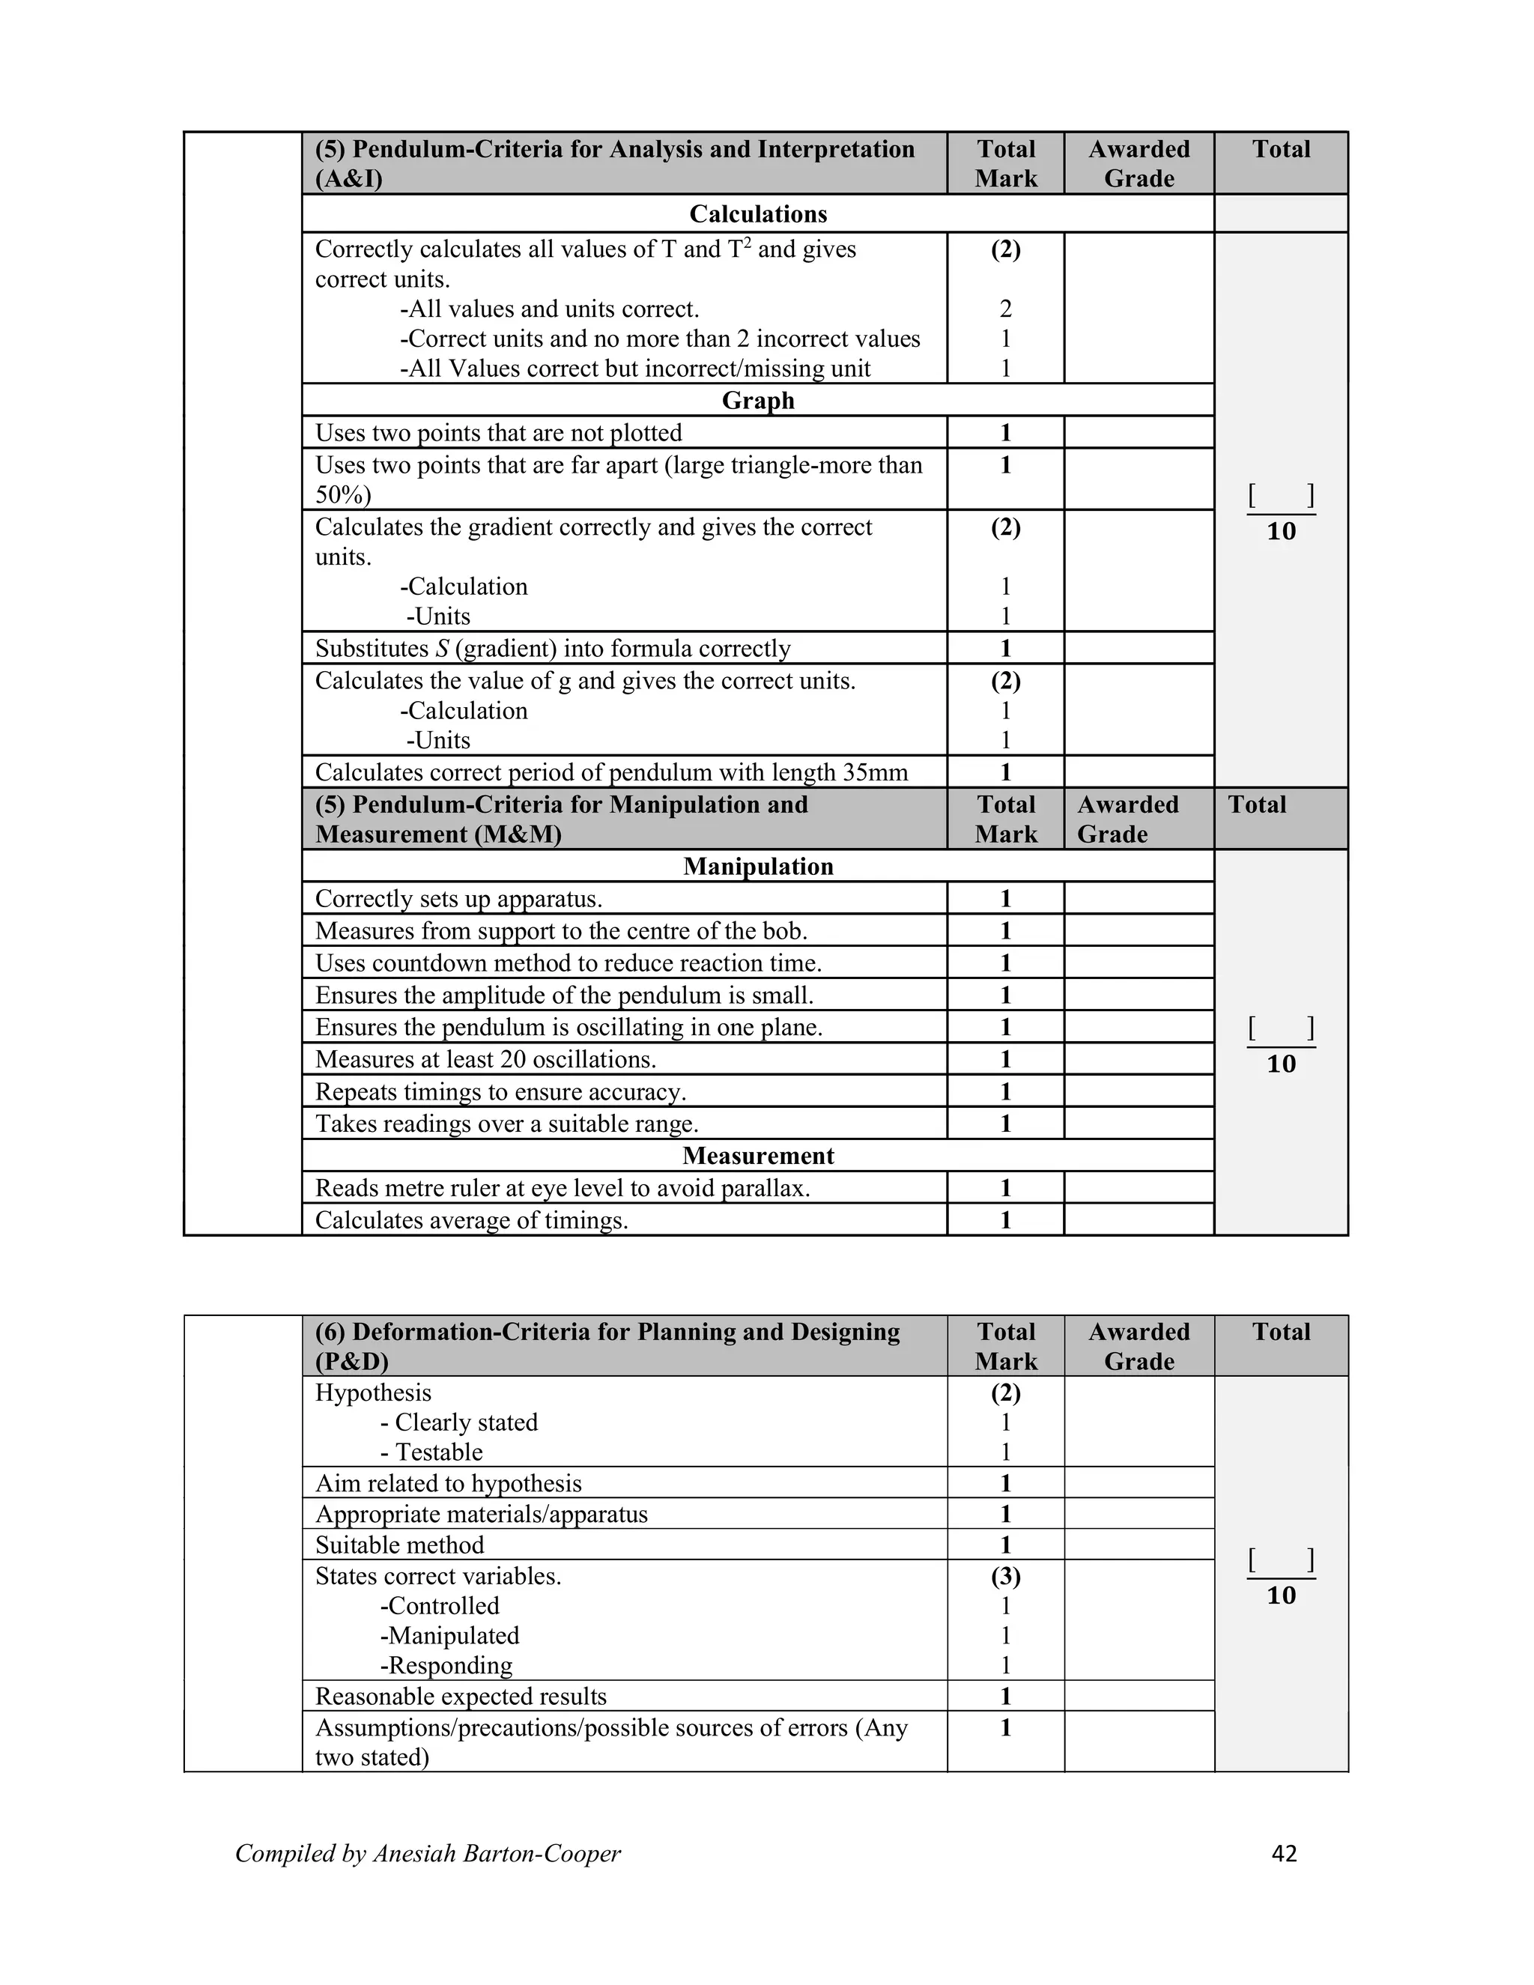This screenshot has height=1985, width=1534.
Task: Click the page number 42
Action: click(1283, 1853)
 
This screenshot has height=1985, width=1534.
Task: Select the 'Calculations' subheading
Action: click(758, 214)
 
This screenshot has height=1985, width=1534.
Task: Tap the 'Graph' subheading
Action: click(758, 401)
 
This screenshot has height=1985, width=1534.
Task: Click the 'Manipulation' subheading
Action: click(758, 866)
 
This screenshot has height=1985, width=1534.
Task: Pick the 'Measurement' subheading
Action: click(758, 1155)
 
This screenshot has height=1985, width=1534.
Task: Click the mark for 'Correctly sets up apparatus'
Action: click(1005, 899)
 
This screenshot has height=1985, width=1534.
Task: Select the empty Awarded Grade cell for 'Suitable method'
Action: click(1139, 1545)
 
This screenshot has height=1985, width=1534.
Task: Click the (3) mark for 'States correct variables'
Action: click(1005, 1576)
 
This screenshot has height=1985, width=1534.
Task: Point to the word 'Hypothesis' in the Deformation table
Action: click(372, 1392)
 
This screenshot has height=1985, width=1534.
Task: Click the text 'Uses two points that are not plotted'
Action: click(498, 434)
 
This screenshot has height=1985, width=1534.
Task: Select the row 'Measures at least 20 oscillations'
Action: click(485, 1060)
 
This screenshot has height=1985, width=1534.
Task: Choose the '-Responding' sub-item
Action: click(446, 1665)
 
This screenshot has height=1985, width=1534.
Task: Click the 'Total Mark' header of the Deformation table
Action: click(1005, 1346)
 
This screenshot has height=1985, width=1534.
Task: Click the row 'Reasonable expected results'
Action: click(461, 1696)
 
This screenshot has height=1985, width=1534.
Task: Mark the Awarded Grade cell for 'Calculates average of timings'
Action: click(1139, 1219)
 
